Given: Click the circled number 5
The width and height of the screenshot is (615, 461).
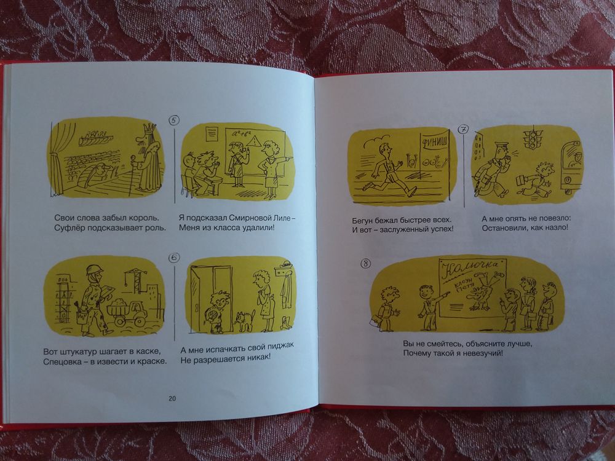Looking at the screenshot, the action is coord(174,120).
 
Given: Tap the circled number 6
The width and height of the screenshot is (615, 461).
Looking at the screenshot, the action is coord(174,258).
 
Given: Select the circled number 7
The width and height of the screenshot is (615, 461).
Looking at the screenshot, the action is coord(464,129).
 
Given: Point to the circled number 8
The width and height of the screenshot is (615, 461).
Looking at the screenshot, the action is coord(365,264).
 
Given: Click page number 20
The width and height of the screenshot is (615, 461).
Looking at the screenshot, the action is coord(172,399).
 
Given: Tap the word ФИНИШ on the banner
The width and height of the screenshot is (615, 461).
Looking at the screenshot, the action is coord(433,142).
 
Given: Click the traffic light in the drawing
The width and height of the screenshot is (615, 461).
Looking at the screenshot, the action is coord(532,139).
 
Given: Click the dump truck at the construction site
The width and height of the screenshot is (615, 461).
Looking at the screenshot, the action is coord(127,311).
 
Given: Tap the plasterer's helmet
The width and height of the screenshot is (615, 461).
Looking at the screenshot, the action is coord(95,270).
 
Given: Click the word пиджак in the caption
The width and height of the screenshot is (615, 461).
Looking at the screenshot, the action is coord(280,347).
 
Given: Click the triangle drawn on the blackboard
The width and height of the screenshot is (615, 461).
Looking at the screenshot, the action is coord(257,140).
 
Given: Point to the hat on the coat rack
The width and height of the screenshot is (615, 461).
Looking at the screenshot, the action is coord(287,263).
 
